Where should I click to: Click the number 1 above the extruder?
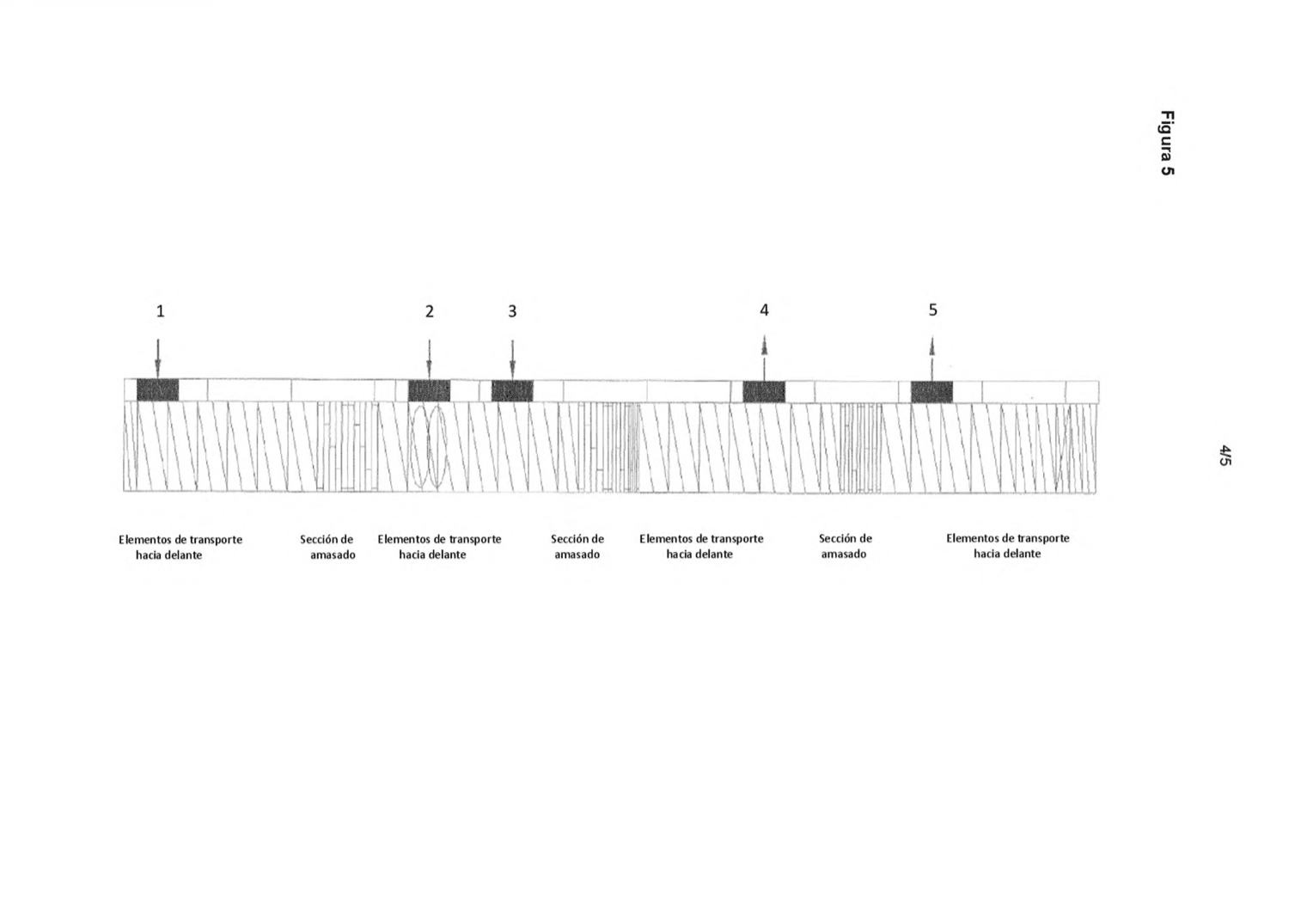click(x=161, y=311)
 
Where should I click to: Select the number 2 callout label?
click(x=430, y=311)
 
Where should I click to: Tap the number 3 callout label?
click(x=512, y=311)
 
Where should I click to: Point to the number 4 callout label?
click(x=764, y=310)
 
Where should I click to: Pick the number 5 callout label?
click(x=932, y=310)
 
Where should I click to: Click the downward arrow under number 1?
click(x=157, y=358)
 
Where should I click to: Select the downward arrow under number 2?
click(x=429, y=359)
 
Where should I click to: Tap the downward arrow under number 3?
click(x=512, y=359)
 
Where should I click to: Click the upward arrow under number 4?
click(x=764, y=358)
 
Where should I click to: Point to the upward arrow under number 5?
click(x=932, y=358)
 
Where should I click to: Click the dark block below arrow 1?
click(x=157, y=389)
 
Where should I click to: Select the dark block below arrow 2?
click(x=430, y=391)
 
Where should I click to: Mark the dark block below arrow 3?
click(x=512, y=391)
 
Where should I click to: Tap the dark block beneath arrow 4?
click(x=764, y=392)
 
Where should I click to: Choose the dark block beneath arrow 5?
click(x=932, y=392)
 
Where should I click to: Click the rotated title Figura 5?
click(x=1167, y=143)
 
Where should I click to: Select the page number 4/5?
click(x=1225, y=455)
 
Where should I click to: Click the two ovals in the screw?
click(x=428, y=447)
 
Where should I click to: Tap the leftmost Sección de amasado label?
click(x=327, y=547)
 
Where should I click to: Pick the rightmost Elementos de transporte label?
click(x=1008, y=546)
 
